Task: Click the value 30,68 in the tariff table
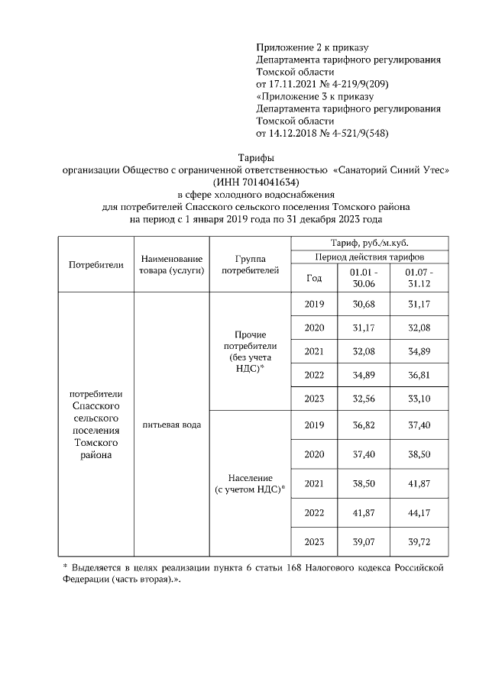(361, 305)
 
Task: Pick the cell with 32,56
(361, 398)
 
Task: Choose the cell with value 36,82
(361, 425)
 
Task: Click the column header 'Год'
(314, 278)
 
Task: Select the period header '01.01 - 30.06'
(361, 278)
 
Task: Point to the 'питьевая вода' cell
(171, 425)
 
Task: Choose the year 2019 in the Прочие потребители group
(314, 305)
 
